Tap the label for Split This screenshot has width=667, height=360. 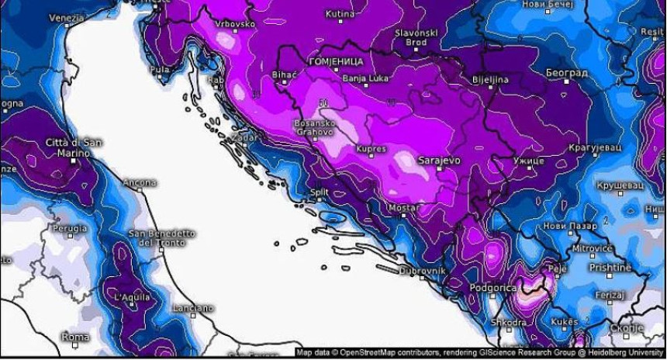coord(320,191)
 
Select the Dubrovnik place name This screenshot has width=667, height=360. coord(422,271)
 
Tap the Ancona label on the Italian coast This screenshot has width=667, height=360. coord(140,183)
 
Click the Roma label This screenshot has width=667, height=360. coord(75,337)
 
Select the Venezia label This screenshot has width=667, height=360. coord(67,17)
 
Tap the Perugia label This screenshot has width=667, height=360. coord(70,229)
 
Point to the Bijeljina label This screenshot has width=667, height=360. coord(490,80)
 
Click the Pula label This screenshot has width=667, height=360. coord(160,70)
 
